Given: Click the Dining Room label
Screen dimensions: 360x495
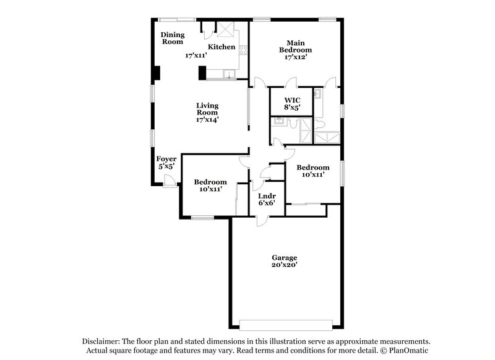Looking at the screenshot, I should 173,38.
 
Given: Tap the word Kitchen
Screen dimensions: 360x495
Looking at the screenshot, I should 221,47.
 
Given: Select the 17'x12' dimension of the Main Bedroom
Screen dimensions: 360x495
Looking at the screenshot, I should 295,57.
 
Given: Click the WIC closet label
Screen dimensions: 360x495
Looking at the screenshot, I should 292,100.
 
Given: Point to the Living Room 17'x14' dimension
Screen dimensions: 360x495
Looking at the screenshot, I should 207,120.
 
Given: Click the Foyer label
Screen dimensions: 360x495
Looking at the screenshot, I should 166,159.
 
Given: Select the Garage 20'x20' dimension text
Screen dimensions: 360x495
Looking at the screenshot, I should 285,265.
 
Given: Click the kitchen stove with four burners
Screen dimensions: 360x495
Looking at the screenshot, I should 244,49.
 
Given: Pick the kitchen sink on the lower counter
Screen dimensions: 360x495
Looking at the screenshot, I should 230,75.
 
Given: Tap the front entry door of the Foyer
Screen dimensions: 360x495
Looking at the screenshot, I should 168,180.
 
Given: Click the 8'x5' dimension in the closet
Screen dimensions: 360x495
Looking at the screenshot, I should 292,108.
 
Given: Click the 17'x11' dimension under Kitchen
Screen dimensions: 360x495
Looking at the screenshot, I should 196,56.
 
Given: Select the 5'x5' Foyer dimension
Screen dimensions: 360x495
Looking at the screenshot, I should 166,166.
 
